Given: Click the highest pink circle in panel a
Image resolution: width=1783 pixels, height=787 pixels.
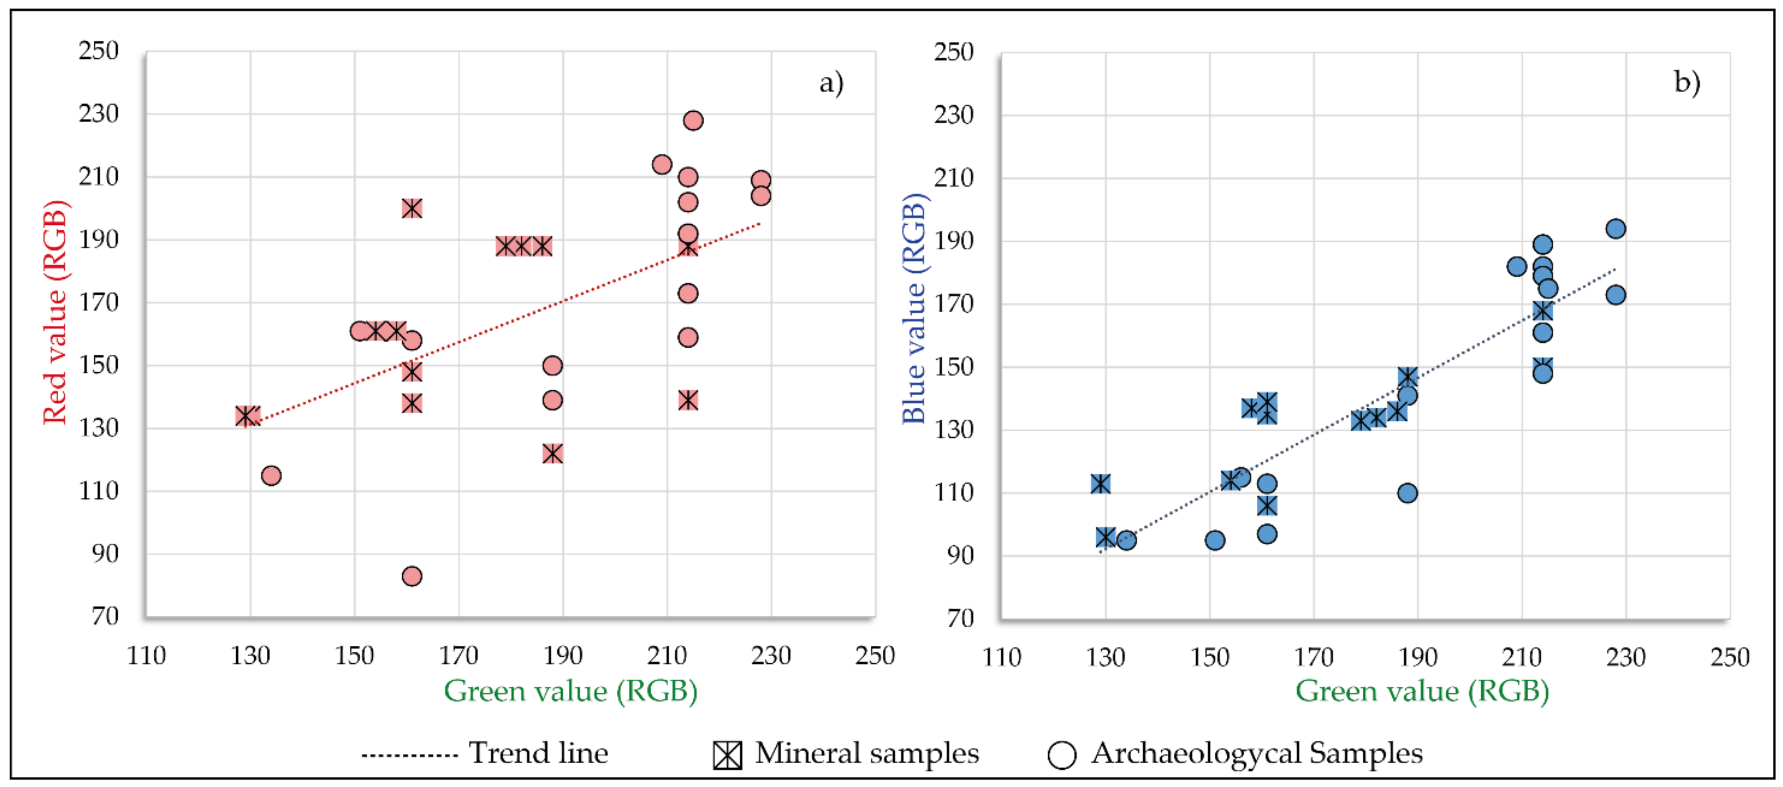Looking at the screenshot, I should point(693,121).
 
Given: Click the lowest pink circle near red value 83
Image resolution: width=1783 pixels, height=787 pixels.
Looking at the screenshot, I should point(412,576).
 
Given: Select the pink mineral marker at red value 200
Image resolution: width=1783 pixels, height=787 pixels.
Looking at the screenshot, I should point(412,208).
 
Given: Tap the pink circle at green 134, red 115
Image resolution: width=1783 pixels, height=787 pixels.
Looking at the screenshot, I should point(271,476).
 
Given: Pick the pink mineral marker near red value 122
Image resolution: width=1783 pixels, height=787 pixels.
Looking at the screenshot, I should point(552,454).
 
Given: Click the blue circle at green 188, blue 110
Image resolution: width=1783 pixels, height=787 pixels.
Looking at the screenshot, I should point(1407,493).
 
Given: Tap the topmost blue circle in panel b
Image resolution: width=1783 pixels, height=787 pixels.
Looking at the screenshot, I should point(1616,228).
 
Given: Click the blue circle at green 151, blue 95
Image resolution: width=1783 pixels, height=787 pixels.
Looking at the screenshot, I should point(1215,540).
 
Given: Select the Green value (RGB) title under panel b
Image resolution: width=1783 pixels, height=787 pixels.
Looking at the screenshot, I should point(1422,691).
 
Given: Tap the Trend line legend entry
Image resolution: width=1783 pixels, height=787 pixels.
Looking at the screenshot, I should point(484,753).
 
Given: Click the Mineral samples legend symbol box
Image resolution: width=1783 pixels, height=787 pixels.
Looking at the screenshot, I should point(727,754).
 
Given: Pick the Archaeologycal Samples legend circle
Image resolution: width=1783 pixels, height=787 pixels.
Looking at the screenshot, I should point(1062,754).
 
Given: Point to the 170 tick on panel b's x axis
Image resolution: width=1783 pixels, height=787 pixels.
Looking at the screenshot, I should point(1314,656).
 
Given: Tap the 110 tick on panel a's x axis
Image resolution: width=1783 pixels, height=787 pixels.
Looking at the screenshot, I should point(146,655).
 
